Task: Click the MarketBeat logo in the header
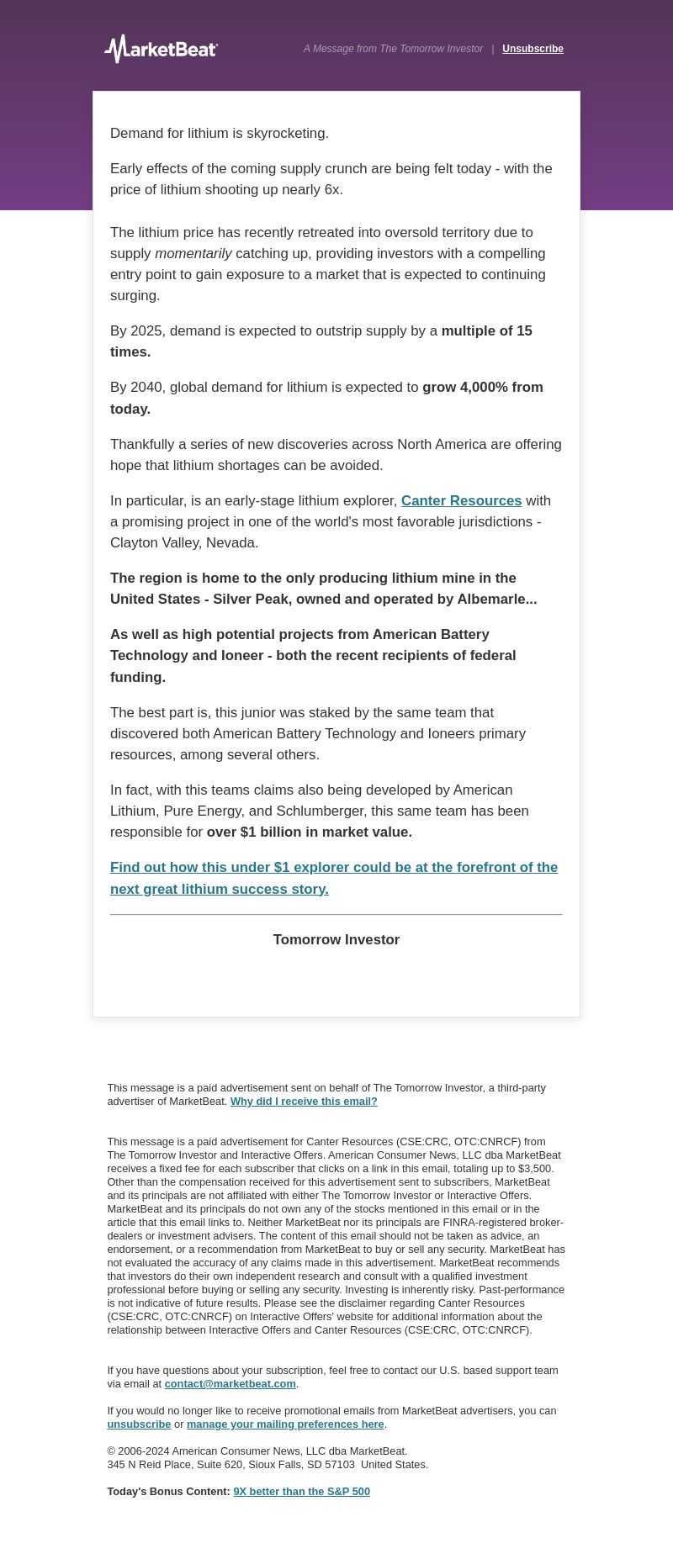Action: [x=161, y=49]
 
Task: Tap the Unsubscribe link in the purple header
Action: [x=533, y=49]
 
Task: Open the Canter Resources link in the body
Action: [x=461, y=500]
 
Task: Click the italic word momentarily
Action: [x=193, y=253]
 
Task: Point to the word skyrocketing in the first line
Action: [x=287, y=133]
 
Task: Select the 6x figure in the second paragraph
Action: [x=332, y=189]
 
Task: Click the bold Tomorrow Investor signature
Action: [x=336, y=939]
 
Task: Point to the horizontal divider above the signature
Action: [x=336, y=914]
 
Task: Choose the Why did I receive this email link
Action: [x=304, y=1101]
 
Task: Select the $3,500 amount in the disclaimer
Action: [x=534, y=1168]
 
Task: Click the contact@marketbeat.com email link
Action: [x=230, y=1383]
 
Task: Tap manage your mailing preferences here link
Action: [x=285, y=1424]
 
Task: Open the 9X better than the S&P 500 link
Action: [x=301, y=1491]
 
